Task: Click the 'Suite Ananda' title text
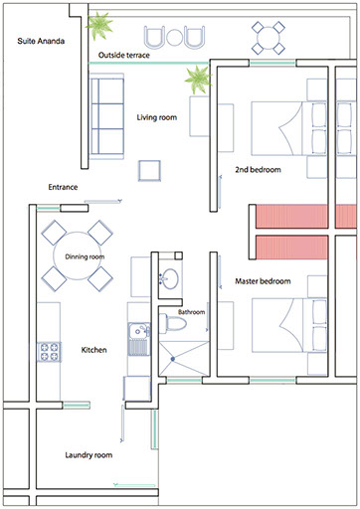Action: click(41, 41)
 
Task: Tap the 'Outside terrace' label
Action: click(124, 55)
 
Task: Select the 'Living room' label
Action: click(157, 117)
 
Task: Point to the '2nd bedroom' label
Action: click(258, 170)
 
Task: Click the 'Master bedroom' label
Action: click(263, 281)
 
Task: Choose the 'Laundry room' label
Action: click(89, 455)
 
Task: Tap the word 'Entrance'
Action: click(63, 187)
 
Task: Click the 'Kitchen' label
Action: click(93, 350)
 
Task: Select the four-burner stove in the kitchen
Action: click(49, 352)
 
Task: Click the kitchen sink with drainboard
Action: click(139, 339)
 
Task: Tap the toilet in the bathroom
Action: click(173, 323)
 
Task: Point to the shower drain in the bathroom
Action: click(173, 359)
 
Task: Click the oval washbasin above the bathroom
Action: click(170, 278)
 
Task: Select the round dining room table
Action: click(78, 255)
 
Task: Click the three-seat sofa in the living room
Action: click(106, 116)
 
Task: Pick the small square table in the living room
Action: click(149, 171)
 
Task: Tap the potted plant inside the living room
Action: click(198, 80)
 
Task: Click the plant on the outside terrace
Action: click(98, 25)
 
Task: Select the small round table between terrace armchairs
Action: click(174, 37)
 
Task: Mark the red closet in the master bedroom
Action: click(292, 248)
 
